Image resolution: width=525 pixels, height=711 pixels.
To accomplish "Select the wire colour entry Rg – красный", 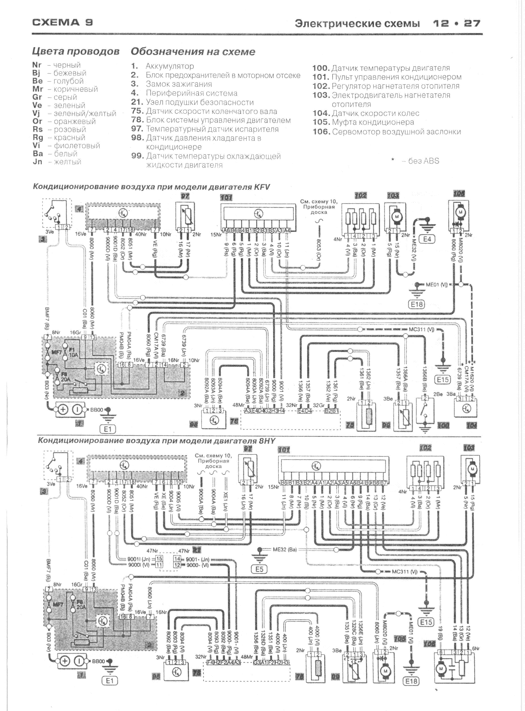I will pyautogui.click(x=59, y=138).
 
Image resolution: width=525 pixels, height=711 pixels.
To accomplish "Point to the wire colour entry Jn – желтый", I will pyautogui.click(x=57, y=162).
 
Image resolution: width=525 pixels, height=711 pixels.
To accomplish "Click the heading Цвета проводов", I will pyautogui.click(x=76, y=51).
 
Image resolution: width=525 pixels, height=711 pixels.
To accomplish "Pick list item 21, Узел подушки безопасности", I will pyautogui.click(x=193, y=102).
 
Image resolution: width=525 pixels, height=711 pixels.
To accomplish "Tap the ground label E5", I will pyautogui.click(x=259, y=569).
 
